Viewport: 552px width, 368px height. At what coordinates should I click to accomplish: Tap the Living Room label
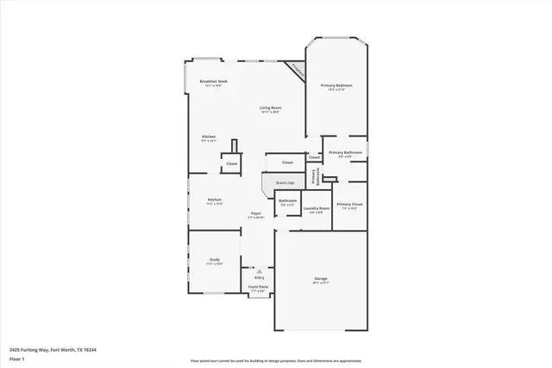(270, 110)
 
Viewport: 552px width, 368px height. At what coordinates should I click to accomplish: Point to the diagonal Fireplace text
(297, 69)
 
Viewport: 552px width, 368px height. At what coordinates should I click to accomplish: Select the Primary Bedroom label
(336, 87)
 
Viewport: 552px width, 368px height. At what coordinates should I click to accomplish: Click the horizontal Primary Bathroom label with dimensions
(344, 154)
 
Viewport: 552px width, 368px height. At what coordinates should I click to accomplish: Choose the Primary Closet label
(349, 206)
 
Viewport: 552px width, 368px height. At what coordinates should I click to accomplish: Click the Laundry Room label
(317, 210)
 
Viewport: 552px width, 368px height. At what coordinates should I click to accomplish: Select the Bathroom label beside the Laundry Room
(287, 202)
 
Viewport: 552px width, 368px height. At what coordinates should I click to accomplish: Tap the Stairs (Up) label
(285, 182)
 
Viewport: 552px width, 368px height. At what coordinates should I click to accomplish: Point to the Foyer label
(256, 214)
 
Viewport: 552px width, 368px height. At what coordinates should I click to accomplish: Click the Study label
(214, 261)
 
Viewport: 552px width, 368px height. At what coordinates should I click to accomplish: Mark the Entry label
(259, 277)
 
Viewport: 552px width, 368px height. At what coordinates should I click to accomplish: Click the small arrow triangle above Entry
(259, 270)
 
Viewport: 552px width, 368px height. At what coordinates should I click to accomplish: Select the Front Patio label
(259, 289)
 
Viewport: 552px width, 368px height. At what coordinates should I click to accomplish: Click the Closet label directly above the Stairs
(287, 162)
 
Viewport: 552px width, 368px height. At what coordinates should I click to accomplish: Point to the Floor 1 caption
(16, 358)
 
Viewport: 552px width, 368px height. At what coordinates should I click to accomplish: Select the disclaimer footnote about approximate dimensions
(275, 358)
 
